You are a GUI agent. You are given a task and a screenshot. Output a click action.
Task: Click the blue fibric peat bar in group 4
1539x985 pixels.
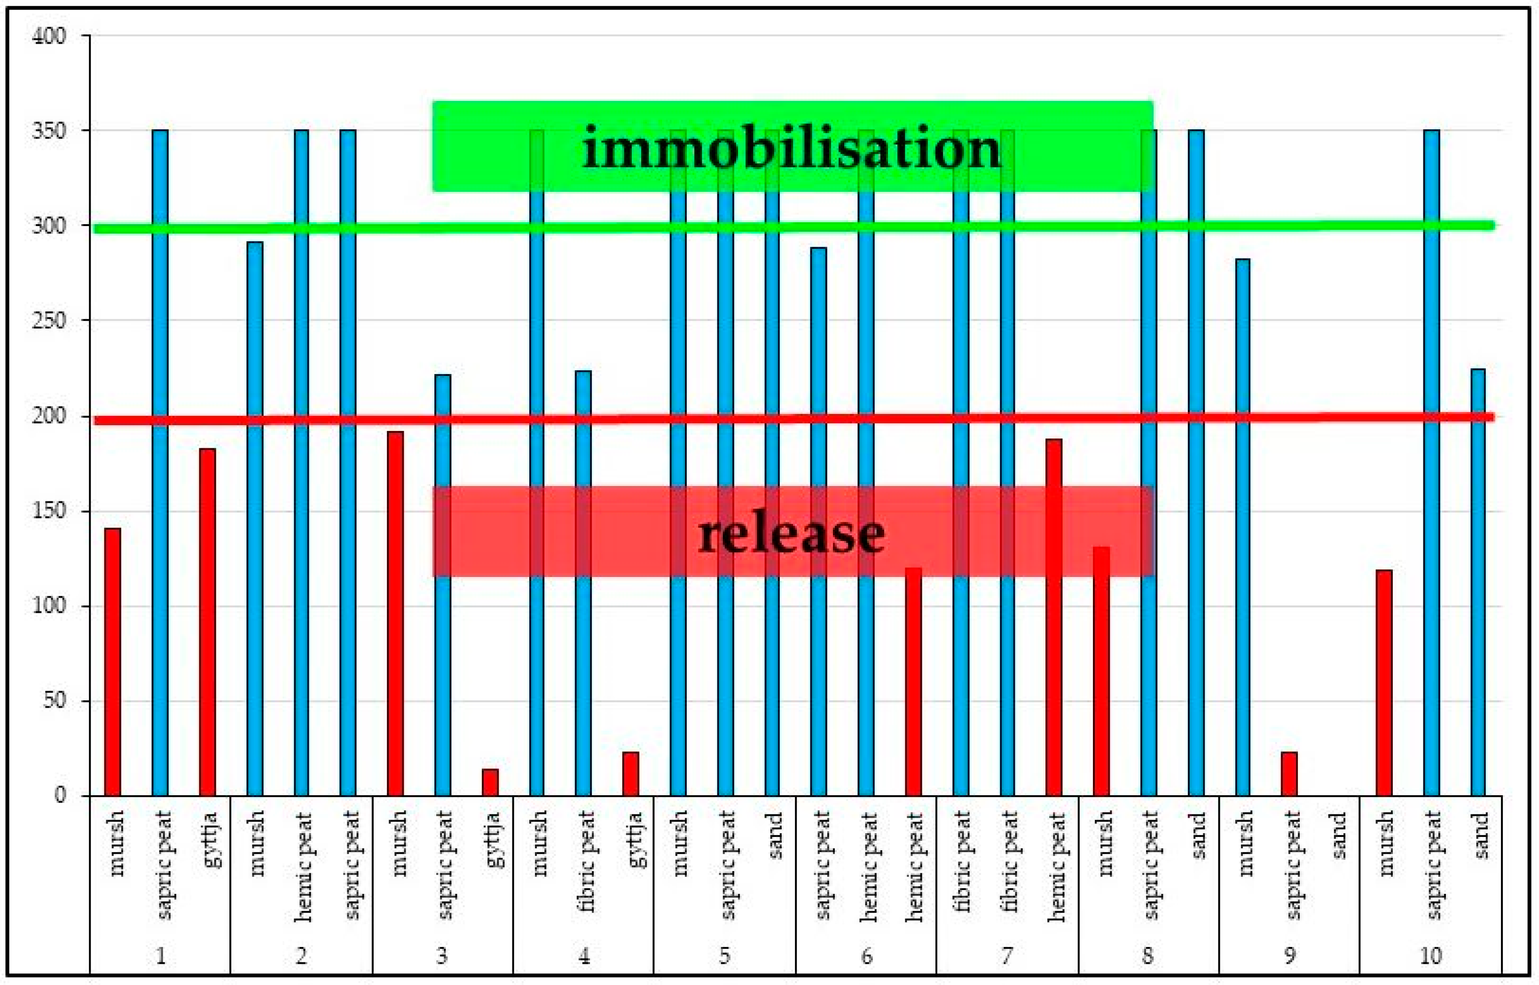[583, 582]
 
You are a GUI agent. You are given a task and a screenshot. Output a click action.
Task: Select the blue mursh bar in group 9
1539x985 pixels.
[1242, 528]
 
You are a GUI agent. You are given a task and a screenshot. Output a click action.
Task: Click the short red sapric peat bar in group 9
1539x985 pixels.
[1289, 774]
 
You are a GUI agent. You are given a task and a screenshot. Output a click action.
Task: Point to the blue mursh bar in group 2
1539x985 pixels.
[255, 518]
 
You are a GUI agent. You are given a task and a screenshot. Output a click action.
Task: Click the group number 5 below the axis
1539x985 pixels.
[724, 955]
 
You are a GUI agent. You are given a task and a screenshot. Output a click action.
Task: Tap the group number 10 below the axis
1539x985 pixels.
[1430, 955]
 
